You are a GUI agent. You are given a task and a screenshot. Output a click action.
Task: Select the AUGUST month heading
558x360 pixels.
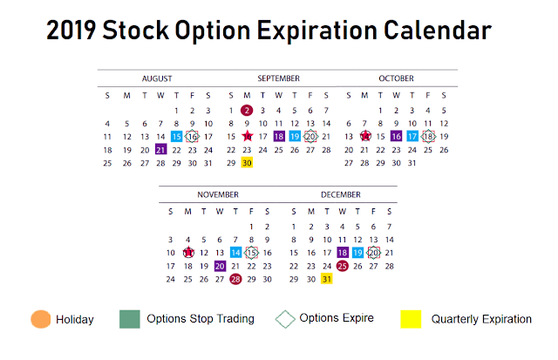157,78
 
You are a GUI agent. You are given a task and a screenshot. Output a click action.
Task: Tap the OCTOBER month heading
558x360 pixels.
396,78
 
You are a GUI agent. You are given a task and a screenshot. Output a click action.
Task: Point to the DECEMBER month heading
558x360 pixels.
341,194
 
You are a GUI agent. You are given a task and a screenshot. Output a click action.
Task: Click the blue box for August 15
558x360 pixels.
176,137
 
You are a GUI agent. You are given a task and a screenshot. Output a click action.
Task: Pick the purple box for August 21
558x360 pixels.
160,149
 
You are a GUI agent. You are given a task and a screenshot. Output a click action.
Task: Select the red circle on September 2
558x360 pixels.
247,111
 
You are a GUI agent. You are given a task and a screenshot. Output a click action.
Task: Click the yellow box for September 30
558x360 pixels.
247,163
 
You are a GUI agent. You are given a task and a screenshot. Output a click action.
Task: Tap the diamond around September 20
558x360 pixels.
310,136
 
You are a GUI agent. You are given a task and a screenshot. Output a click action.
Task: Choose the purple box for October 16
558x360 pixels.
396,136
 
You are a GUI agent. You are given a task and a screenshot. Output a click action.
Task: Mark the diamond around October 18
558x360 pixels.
428,136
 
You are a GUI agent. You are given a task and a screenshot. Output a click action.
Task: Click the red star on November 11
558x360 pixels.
188,252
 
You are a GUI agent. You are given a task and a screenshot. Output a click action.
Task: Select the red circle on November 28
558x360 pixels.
235,279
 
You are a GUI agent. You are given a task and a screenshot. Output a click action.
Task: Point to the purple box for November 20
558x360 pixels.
220,266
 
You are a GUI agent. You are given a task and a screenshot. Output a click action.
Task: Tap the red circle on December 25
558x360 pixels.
343,266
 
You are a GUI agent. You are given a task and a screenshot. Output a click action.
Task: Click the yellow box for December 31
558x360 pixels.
327,279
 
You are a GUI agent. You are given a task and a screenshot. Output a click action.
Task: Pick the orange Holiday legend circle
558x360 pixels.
41,319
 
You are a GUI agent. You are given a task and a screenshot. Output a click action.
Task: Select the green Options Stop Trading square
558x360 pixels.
130,319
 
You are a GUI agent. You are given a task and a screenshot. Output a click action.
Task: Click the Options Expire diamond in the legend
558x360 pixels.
285,319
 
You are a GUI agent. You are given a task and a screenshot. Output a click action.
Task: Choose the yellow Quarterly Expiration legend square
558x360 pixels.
411,319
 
